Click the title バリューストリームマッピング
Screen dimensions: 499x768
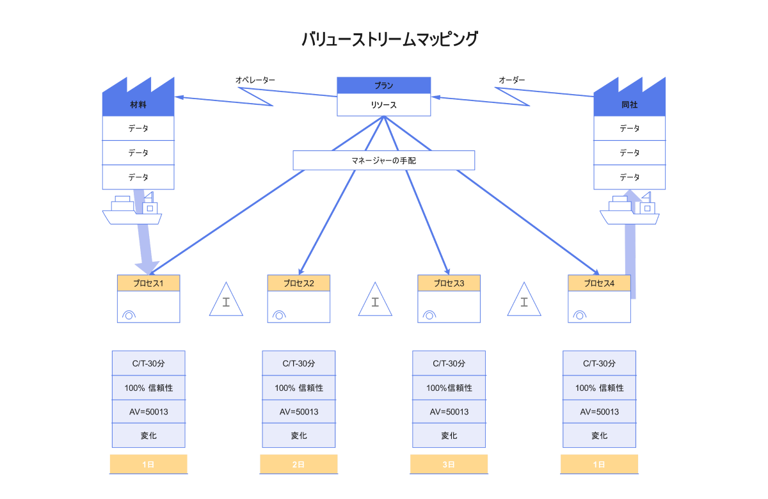coord(389,40)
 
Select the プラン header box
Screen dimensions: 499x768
coord(384,86)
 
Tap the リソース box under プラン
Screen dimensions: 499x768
coord(384,105)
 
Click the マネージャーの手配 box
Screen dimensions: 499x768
coord(384,161)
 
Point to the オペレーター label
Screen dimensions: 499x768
coord(255,80)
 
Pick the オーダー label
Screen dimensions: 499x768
coord(511,80)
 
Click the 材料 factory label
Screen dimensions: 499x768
coord(138,105)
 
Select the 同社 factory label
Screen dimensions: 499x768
coord(629,105)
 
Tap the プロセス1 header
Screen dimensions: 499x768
coord(148,283)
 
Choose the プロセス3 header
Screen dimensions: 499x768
coord(449,283)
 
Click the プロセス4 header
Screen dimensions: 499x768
coord(599,283)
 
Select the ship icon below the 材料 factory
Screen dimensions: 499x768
coord(132,210)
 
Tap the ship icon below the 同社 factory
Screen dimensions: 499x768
coord(629,210)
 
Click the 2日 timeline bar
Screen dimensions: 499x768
coord(298,464)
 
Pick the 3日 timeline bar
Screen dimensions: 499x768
coord(449,464)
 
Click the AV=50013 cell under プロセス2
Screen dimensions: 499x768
coord(299,411)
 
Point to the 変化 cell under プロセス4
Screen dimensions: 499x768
coord(599,436)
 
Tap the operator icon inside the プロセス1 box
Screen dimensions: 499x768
coord(129,315)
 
